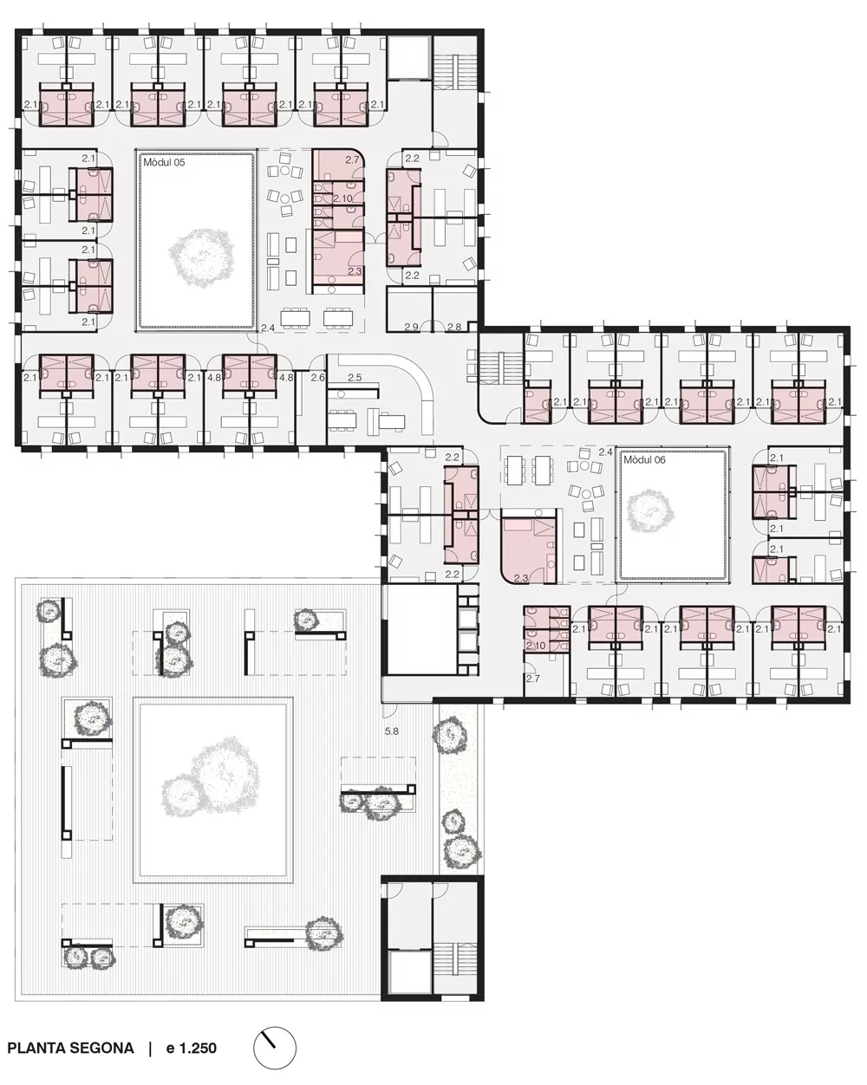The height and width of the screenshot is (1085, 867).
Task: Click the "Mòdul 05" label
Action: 164,162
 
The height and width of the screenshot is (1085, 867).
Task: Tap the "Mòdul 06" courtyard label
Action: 644,460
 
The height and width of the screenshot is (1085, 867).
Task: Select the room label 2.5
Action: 355,377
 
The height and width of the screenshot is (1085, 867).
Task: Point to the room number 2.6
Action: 317,377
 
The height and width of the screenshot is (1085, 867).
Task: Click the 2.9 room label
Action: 412,328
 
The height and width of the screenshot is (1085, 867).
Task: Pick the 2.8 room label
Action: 454,328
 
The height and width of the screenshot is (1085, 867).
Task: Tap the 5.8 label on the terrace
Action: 391,731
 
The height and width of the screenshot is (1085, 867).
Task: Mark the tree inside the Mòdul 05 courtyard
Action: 202,257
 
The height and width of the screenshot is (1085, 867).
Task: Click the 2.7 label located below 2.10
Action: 533,679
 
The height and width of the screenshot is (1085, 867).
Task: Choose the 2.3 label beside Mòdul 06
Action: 521,578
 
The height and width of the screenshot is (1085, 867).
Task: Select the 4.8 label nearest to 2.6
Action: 286,377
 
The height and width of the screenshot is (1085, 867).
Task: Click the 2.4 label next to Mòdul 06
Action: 606,452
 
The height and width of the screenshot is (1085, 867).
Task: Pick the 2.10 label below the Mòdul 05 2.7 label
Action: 342,198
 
